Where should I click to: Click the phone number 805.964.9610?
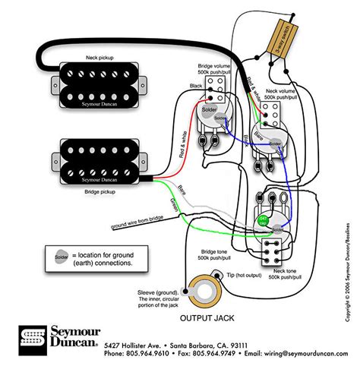[149, 353]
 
